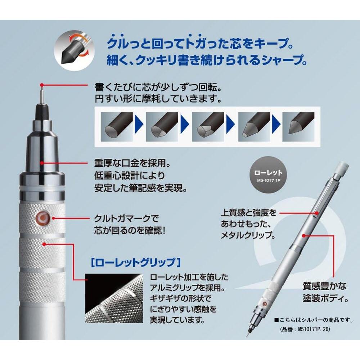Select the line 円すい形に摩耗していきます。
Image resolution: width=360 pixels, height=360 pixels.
click(157, 98)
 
